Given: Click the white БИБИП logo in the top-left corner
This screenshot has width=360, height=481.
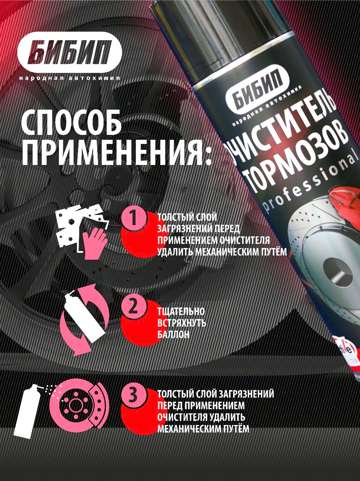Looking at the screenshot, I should [70, 54].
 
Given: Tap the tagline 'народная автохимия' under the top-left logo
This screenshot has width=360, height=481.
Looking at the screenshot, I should [69, 79].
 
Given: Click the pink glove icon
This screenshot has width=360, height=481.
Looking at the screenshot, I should [94, 243].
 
